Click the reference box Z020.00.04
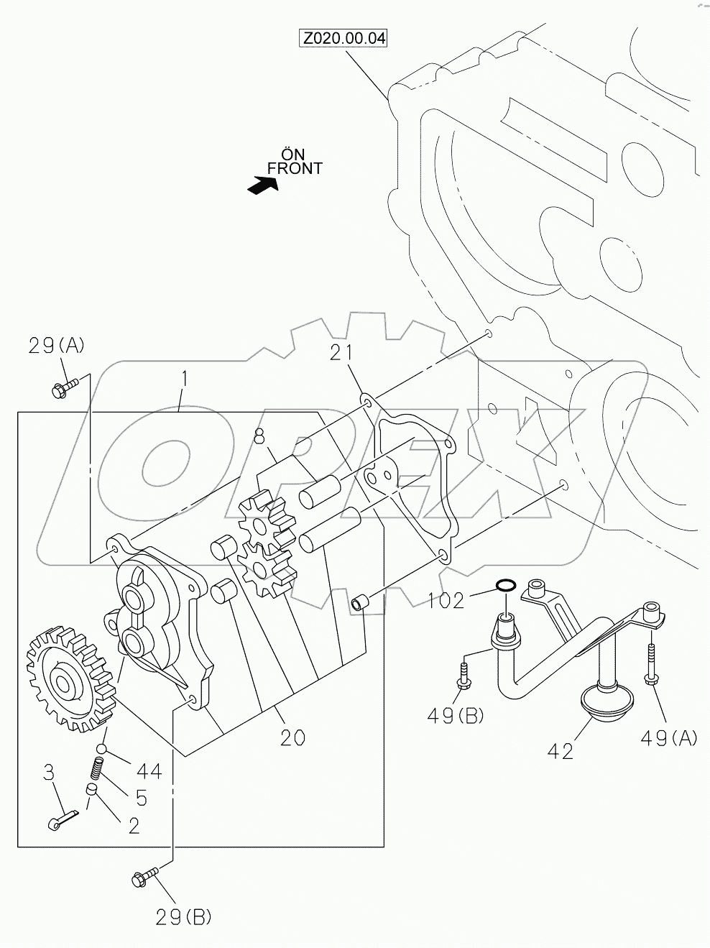[344, 38]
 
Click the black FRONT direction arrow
[262, 185]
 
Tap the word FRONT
[295, 168]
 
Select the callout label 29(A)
[57, 346]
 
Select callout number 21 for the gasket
[341, 352]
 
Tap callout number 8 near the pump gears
[259, 436]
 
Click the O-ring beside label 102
[505, 587]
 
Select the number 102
[447, 600]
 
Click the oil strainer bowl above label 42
[607, 699]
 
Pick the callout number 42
[560, 751]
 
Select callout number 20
[292, 737]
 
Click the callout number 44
[149, 771]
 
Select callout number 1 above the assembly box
[185, 377]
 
